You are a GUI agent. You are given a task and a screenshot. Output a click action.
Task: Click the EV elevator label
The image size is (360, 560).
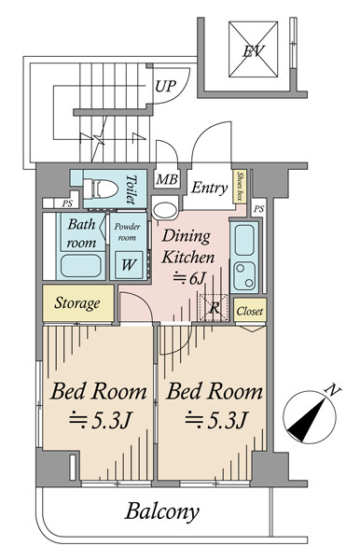coord(253,51)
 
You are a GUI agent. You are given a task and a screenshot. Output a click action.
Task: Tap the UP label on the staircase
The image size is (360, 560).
coord(166,86)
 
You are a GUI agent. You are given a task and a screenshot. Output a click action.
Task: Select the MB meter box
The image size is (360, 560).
coord(167,179)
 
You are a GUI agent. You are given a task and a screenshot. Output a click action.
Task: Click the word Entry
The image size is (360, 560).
coord(209,188)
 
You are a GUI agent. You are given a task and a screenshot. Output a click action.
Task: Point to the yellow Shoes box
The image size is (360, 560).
coord(240,186)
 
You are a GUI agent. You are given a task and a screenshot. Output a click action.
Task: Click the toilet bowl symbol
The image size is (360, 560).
coord(100,189)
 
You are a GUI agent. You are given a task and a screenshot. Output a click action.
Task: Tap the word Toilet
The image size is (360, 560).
coord(132,189)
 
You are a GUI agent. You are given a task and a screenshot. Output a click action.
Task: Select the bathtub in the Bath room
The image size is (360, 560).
coord(80,266)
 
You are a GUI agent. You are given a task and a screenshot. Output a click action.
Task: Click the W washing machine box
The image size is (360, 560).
coord(129,265)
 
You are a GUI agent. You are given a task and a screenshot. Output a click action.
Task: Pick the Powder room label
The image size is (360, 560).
coord(127,231)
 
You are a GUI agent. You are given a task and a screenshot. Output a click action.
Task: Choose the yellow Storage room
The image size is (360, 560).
coord(78,302)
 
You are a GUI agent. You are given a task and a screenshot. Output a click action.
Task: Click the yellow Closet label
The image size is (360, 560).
coord(250,311)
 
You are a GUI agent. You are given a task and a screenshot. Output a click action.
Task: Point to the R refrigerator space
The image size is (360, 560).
coord(214,307)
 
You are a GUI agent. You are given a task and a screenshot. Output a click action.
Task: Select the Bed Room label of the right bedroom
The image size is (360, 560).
coord(215,391)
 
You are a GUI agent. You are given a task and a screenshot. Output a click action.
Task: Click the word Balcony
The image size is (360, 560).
coord(161,512)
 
